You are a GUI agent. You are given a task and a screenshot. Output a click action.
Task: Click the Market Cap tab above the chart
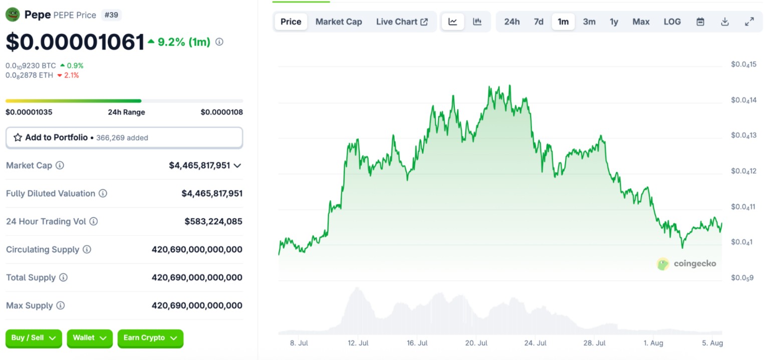click(338, 22)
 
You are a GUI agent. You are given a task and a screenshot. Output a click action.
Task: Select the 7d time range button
click(539, 22)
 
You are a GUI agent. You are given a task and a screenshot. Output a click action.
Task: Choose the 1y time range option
click(614, 22)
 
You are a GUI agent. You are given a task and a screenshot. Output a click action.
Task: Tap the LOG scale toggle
click(672, 22)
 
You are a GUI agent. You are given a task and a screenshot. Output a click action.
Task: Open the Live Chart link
click(402, 22)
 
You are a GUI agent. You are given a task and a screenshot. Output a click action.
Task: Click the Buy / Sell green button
click(34, 338)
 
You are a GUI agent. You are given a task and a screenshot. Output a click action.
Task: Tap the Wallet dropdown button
click(90, 338)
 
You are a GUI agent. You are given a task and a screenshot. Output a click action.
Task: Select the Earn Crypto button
click(150, 338)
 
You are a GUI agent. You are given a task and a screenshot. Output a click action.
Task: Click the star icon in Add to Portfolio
click(18, 138)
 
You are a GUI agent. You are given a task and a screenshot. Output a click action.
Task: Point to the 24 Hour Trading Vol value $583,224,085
click(213, 221)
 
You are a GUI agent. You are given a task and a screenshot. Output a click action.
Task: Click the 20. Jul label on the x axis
click(476, 343)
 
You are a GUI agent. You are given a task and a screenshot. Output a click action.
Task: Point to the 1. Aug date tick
click(653, 343)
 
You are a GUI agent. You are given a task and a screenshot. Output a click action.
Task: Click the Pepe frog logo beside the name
click(12, 15)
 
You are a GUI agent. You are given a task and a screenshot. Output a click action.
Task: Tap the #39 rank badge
click(111, 15)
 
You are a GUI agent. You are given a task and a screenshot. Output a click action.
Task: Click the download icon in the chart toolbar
click(724, 22)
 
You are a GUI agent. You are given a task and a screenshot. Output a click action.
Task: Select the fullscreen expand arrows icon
click(749, 22)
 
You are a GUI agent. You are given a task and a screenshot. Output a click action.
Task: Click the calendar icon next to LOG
click(700, 22)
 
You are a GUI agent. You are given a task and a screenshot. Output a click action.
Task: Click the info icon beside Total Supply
click(63, 277)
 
